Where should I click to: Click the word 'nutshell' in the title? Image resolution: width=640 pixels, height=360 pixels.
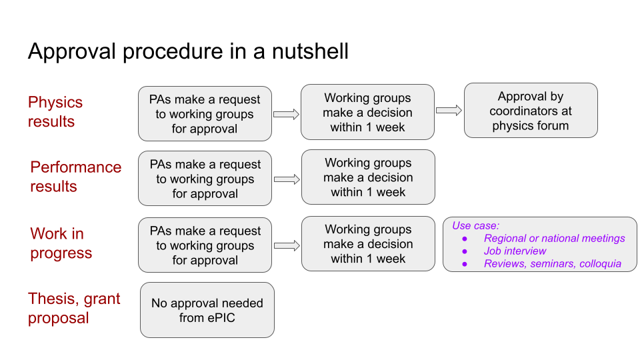tap(310, 51)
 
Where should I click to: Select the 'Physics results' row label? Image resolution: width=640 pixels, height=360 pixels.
tap(55, 112)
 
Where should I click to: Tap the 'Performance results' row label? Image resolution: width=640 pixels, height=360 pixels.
tap(75, 177)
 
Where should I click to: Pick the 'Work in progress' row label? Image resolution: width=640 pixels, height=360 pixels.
tap(61, 243)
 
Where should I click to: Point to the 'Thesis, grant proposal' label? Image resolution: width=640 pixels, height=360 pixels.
tap(74, 308)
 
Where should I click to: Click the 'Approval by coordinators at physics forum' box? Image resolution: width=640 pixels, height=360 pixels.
tap(531, 111)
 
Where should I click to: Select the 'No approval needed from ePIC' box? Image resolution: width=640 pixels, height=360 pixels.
tap(207, 310)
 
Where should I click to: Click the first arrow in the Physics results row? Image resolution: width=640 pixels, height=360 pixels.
tap(286, 114)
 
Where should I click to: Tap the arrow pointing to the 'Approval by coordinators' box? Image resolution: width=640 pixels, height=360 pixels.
tap(449, 110)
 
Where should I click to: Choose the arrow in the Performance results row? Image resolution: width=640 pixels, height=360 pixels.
tap(287, 179)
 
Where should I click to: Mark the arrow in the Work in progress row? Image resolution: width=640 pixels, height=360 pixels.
tap(287, 246)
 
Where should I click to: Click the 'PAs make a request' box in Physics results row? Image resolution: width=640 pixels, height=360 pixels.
tap(205, 114)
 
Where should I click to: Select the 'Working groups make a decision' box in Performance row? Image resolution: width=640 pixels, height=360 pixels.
tap(368, 177)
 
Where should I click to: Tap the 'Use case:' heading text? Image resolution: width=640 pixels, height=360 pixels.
tap(475, 226)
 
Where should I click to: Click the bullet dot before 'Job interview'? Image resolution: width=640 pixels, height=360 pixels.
tap(465, 251)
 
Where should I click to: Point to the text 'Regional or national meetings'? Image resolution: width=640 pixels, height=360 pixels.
tap(554, 239)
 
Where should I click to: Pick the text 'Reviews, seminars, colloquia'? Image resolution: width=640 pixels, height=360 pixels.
tap(553, 264)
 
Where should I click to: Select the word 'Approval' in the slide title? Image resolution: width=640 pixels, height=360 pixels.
tap(72, 52)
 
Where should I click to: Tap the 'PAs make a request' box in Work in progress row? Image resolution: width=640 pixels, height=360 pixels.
tap(205, 245)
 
